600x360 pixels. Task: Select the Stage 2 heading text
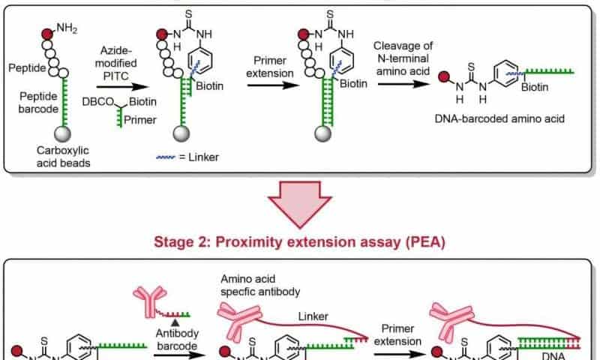pos(299,241)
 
